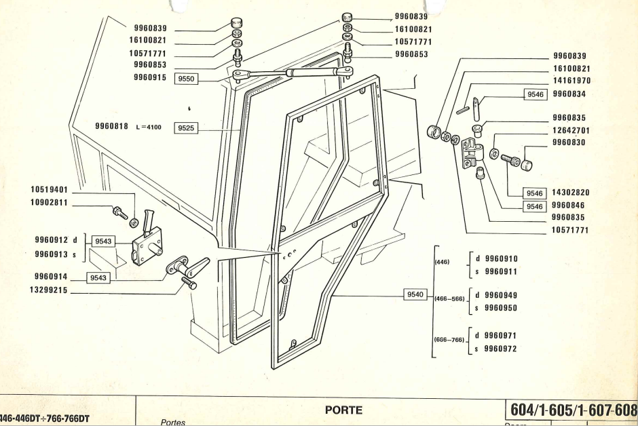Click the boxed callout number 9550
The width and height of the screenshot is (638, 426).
pos(185,79)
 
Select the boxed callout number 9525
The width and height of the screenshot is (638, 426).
pos(185,127)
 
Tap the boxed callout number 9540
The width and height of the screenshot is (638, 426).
pos(415,294)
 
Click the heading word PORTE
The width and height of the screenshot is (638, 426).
pos(345,409)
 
